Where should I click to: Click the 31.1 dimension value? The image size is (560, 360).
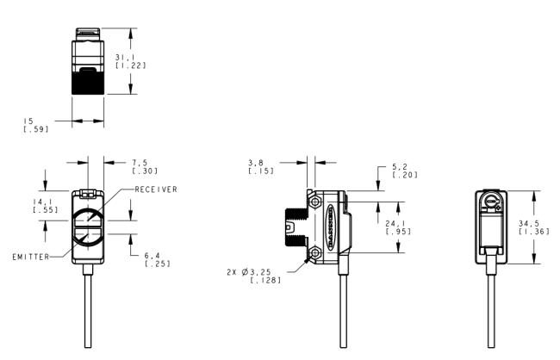[x=123, y=57]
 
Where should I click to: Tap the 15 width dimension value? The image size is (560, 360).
[x=28, y=121]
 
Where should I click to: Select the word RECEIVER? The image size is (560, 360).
[x=156, y=189]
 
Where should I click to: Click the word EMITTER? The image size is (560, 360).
[x=31, y=257]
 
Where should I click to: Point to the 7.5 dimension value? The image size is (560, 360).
[x=140, y=163]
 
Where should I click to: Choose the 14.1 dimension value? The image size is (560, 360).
[x=40, y=202]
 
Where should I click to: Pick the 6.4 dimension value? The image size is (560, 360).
[x=152, y=256]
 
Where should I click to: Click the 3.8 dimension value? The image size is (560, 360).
[x=256, y=163]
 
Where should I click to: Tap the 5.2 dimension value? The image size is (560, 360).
[x=400, y=167]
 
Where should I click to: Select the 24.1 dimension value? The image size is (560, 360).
[x=394, y=224]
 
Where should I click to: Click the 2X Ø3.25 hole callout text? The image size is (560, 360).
[x=249, y=272]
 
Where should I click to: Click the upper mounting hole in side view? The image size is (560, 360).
[x=315, y=202]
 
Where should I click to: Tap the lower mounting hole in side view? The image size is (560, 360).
[x=315, y=253]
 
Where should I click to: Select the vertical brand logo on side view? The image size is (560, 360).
[x=330, y=227]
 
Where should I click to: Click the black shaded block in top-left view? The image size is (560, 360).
[x=88, y=82]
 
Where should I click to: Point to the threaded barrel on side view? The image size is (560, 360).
[x=296, y=227]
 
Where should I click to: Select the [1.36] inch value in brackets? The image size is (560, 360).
[x=534, y=232]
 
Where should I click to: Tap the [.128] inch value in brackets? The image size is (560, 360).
[x=265, y=281]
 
